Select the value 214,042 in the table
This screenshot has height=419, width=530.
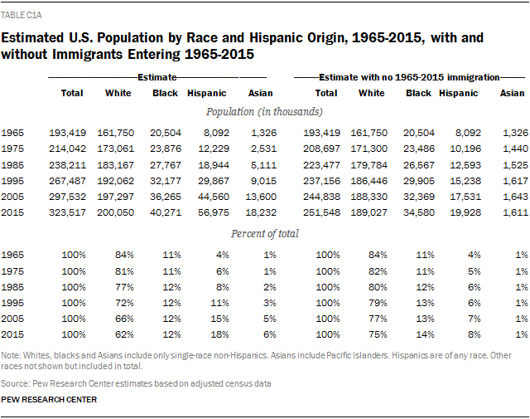pyautogui.click(x=67, y=148)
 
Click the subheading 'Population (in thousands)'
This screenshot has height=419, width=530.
pyautogui.click(x=265, y=111)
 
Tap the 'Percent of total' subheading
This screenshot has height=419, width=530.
pyautogui.click(x=265, y=233)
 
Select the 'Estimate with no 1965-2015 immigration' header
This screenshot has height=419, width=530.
pyautogui.click(x=421, y=76)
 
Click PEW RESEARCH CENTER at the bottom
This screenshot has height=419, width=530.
pyautogui.click(x=50, y=400)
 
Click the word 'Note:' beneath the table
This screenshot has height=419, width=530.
pyautogui.click(x=12, y=354)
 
